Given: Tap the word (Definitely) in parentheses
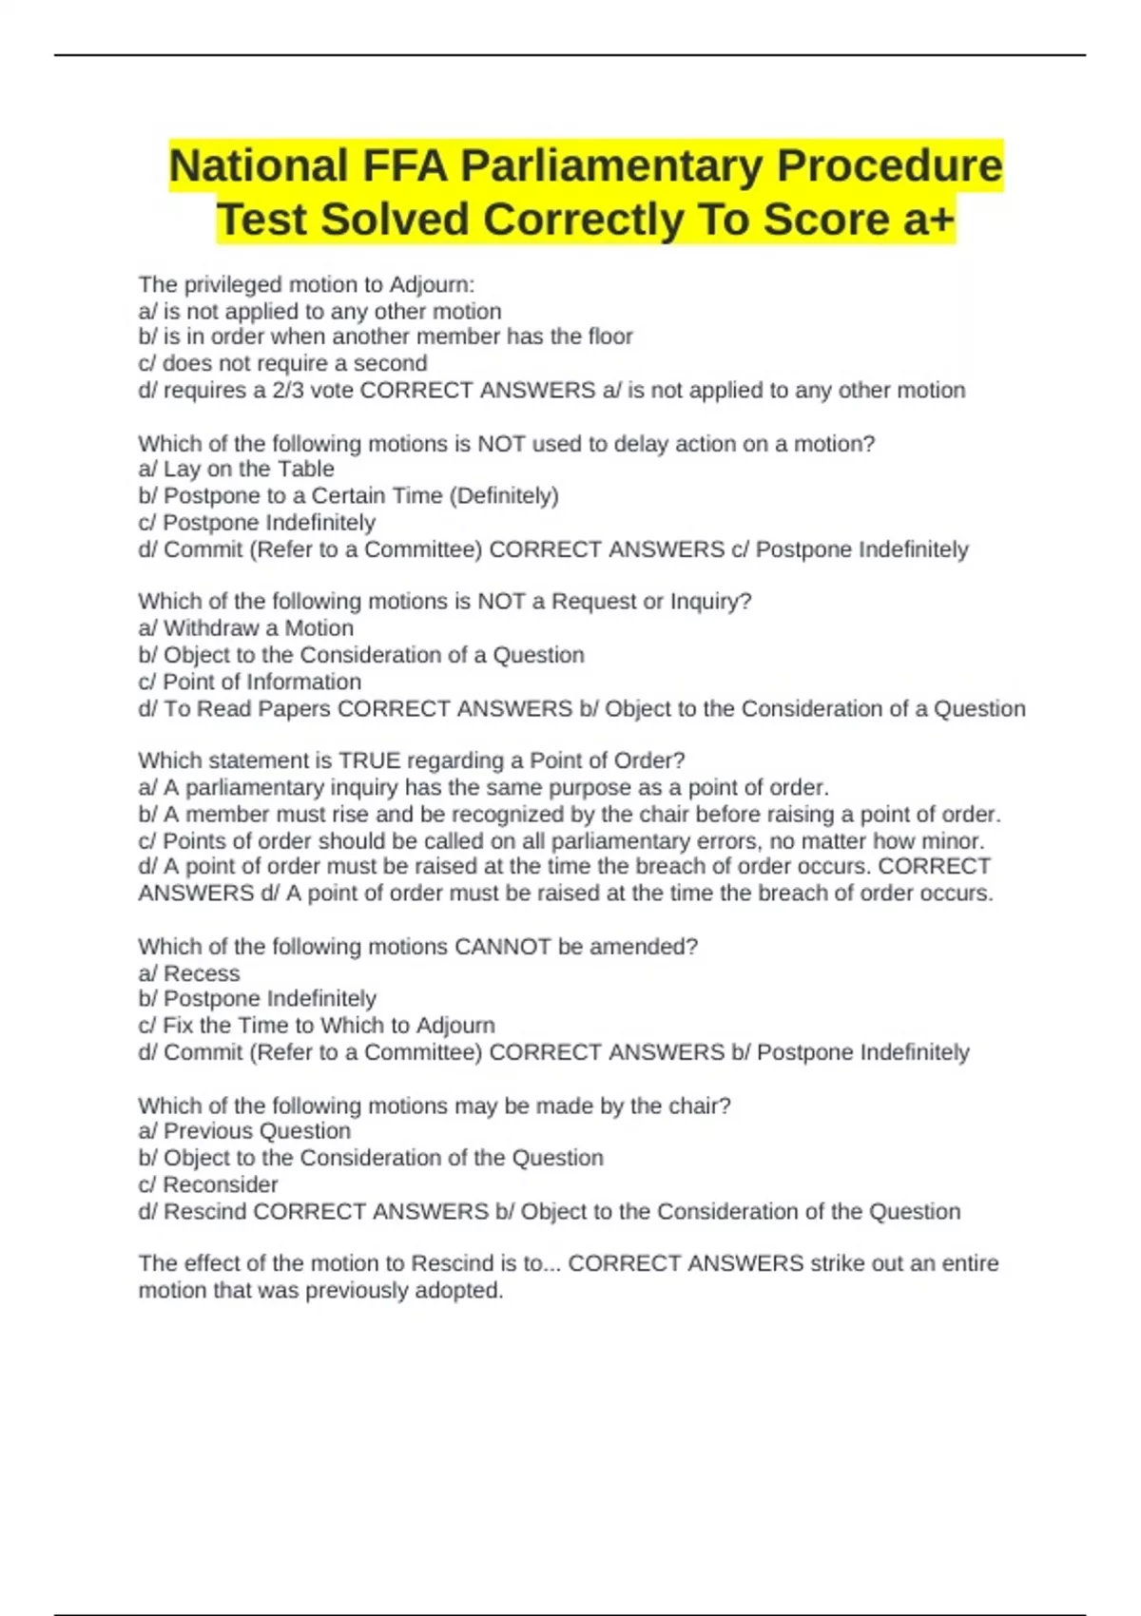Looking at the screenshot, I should (x=508, y=495).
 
